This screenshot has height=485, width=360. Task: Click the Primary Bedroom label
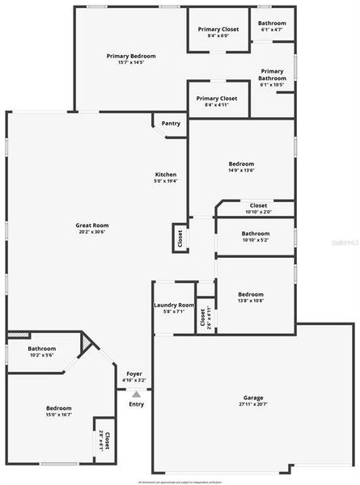(131, 56)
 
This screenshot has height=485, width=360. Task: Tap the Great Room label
(92, 226)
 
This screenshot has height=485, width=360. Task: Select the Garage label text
(253, 398)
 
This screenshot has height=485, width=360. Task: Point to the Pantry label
(171, 124)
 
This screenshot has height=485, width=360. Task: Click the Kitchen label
(166, 175)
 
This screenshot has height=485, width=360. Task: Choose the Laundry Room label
(174, 305)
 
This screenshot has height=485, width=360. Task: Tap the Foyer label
(134, 373)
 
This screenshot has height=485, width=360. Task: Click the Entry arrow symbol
(137, 394)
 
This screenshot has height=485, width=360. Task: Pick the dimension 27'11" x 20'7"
(253, 405)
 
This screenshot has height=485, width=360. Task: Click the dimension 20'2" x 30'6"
(92, 233)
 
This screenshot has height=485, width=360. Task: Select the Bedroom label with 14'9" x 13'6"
(241, 163)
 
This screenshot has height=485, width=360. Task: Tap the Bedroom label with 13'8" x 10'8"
(251, 294)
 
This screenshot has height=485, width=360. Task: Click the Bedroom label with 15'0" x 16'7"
(58, 408)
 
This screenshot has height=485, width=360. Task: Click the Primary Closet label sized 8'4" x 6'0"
(218, 29)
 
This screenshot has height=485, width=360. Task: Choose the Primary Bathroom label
(272, 74)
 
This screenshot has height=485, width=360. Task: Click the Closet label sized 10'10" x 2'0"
(259, 205)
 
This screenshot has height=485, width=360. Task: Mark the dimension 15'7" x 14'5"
(131, 62)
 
